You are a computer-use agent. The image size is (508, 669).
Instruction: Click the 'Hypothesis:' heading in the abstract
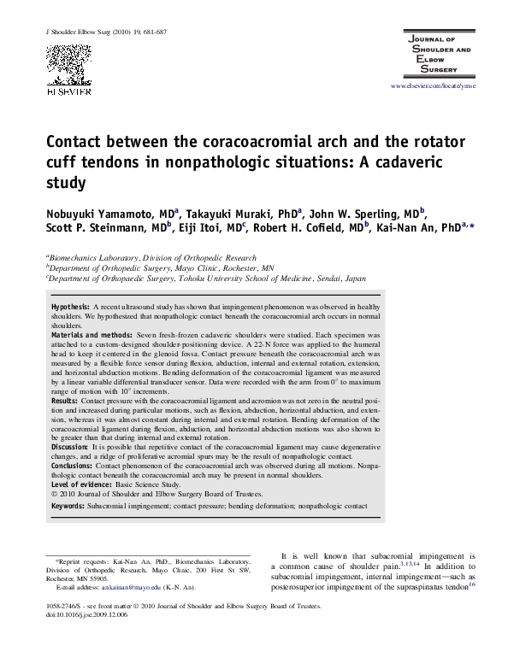pos(70,306)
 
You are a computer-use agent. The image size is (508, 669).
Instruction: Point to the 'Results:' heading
pos(64,400)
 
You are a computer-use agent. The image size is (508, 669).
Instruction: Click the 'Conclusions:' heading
pos(72,466)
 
